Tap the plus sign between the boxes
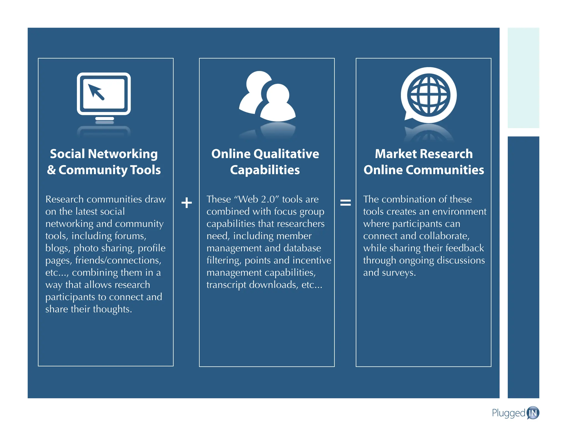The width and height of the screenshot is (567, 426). tap(187, 203)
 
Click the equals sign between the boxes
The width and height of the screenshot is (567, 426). tap(346, 203)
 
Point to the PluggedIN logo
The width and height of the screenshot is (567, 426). tap(516, 413)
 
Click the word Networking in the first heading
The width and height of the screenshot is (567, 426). tap(123, 154)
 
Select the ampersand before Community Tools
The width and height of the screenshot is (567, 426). tap(51, 170)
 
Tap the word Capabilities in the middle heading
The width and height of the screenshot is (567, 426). tap(265, 170)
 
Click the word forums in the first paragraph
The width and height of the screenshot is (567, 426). tap(130, 236)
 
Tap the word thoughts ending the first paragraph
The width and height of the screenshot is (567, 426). tap(112, 309)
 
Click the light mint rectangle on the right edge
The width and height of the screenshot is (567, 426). tap(523, 78)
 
